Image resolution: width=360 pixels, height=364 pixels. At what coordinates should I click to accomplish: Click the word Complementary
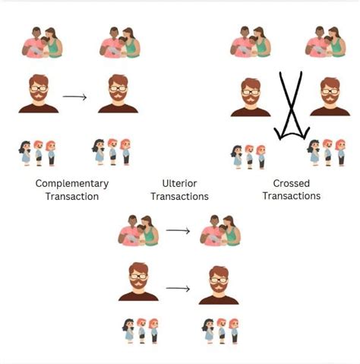(72, 183)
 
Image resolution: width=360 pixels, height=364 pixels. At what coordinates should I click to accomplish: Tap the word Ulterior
(180, 183)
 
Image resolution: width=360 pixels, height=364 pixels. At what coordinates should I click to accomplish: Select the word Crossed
(292, 183)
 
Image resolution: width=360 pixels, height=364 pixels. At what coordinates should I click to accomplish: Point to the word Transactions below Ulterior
(180, 196)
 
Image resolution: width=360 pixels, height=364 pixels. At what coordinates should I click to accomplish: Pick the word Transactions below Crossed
(292, 196)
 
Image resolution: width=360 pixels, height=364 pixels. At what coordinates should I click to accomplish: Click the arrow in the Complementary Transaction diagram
(75, 97)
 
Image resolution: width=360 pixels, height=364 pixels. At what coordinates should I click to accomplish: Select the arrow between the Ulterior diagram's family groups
(178, 229)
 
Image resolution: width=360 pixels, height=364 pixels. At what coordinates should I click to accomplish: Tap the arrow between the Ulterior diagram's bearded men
(178, 289)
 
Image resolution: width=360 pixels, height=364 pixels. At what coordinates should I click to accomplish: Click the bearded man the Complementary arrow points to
(117, 94)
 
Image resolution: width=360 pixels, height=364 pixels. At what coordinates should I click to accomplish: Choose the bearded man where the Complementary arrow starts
(38, 94)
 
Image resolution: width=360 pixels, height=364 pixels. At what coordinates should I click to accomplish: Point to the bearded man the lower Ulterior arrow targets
(218, 284)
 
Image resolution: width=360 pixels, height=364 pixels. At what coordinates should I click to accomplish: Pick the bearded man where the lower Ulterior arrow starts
(138, 283)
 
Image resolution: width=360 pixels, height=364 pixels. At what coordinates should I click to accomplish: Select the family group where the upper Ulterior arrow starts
(138, 229)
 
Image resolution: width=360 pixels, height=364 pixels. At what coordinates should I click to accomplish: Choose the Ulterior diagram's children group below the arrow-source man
(141, 331)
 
